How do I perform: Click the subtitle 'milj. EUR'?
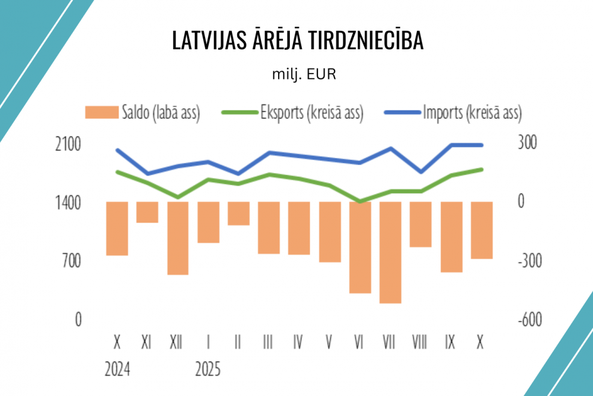coord(296,74)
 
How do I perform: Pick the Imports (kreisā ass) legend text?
coord(472,112)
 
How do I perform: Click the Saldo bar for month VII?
coord(390,252)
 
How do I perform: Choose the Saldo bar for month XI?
coord(147,212)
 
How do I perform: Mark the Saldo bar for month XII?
coord(177,238)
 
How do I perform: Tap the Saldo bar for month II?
coord(238,213)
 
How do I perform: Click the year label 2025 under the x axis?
coord(208,370)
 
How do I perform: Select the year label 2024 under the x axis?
coord(117,370)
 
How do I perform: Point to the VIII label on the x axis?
coord(420,343)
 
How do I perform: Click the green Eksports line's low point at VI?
coord(360,202)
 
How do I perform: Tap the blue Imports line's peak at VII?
coord(390,148)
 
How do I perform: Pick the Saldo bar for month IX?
coord(451,237)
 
